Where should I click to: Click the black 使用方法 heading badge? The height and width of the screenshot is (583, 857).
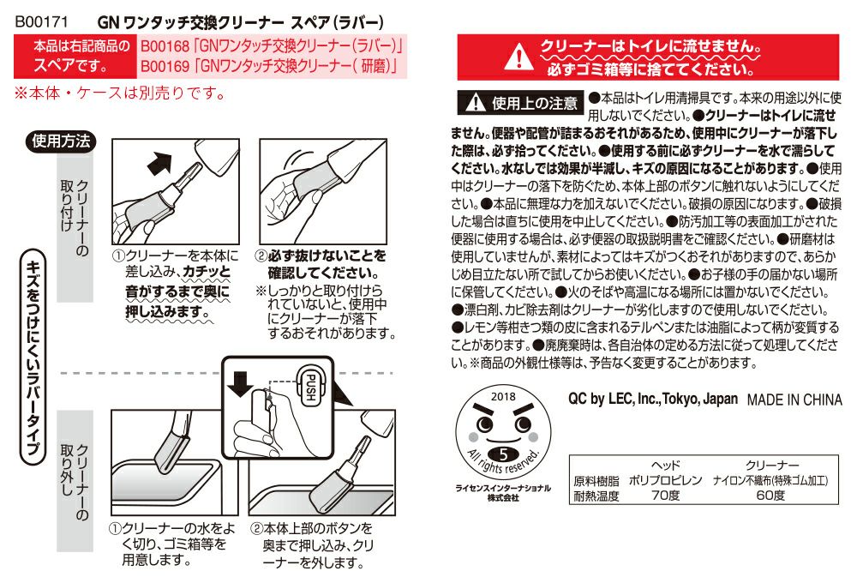click(x=61, y=142)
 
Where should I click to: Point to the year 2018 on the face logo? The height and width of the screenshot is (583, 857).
click(x=504, y=397)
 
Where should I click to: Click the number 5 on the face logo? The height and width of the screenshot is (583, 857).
click(x=504, y=454)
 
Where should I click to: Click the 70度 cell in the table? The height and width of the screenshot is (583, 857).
click(x=666, y=496)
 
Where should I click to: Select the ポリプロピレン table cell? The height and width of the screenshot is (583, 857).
click(x=666, y=481)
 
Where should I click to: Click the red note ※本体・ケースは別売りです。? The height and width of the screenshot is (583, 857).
click(x=119, y=92)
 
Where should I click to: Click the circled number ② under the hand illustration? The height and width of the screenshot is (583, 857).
click(x=262, y=255)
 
